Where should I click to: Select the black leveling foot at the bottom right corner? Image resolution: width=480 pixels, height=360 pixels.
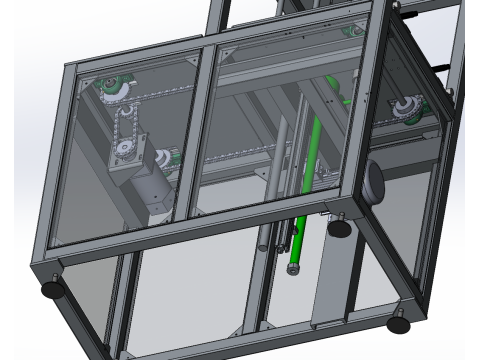pyautogui.click(x=399, y=325)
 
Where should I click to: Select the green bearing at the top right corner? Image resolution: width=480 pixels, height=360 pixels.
pyautogui.click(x=352, y=32)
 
